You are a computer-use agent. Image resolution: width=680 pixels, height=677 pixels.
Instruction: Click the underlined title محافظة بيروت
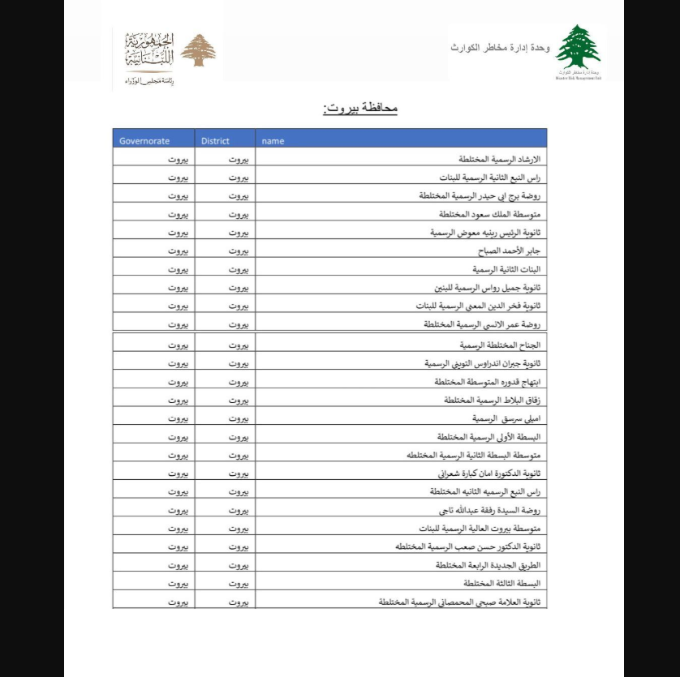(359, 108)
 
